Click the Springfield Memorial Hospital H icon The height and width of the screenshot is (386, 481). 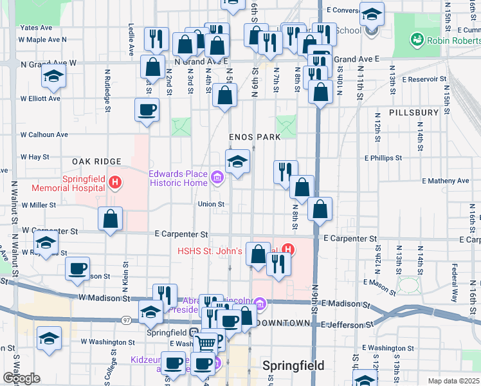pyautogui.click(x=114, y=183)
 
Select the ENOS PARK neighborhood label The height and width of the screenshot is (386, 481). pyautogui.click(x=255, y=137)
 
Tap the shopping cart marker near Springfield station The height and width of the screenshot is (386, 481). pyautogui.click(x=205, y=341)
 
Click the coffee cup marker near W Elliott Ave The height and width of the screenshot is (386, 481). pyautogui.click(x=147, y=109)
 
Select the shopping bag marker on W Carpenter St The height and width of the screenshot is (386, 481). pyautogui.click(x=111, y=218)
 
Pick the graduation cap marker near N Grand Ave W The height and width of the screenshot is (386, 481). pyautogui.click(x=53, y=76)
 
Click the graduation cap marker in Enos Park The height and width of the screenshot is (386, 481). pyautogui.click(x=237, y=161)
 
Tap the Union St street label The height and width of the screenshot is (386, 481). pyautogui.click(x=211, y=205)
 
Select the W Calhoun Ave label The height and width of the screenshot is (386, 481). pyautogui.click(x=44, y=135)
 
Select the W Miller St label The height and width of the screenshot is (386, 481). pyautogui.click(x=39, y=205)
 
